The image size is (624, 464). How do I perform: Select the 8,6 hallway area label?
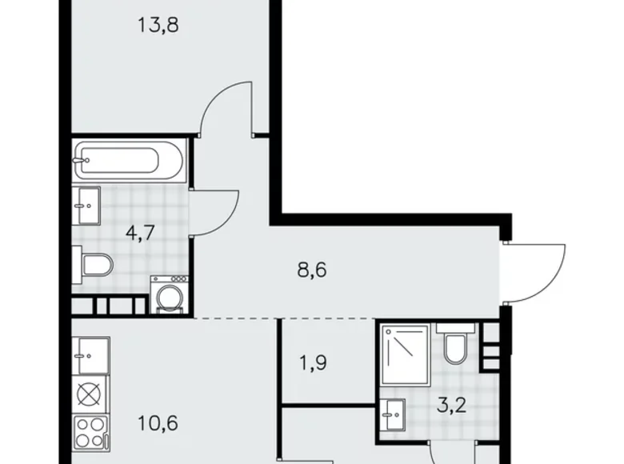(311, 270)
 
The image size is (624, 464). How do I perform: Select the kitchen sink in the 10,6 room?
(90, 352)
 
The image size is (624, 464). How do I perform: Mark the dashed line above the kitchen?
(232, 318)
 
